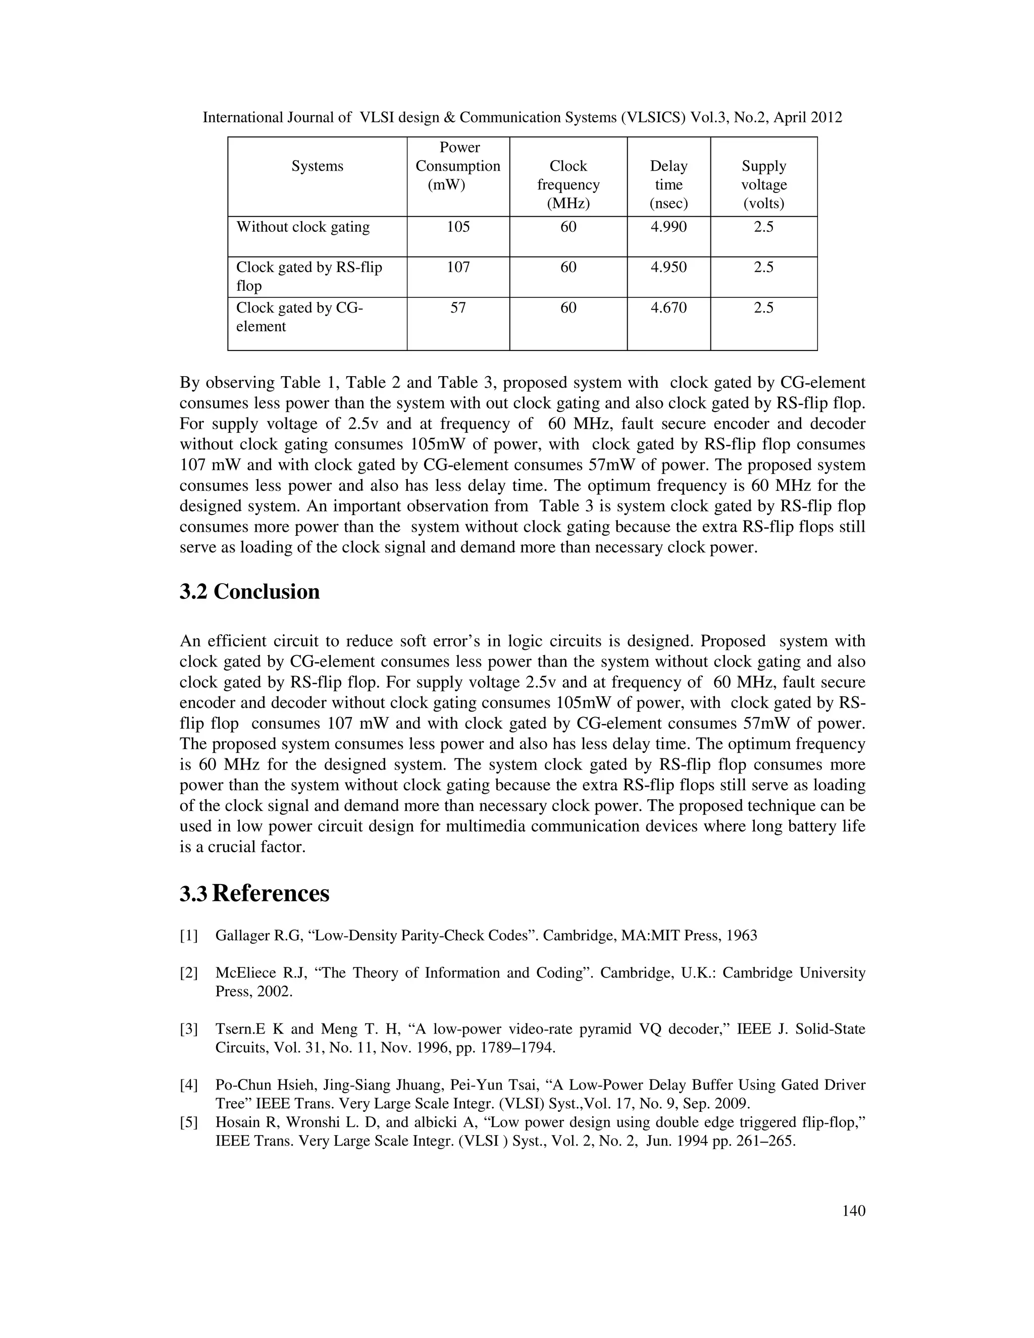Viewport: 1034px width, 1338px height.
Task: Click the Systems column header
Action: [317, 166]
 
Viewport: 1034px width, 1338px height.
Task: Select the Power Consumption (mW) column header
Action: [458, 166]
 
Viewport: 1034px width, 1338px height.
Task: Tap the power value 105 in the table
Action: [458, 227]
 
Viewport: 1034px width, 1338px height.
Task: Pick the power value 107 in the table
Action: [458, 267]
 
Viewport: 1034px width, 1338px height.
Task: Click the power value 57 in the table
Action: [458, 307]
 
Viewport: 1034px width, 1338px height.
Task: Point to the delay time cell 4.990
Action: [668, 227]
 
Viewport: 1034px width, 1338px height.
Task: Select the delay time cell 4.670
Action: [668, 307]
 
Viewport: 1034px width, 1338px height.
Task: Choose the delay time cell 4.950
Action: [668, 267]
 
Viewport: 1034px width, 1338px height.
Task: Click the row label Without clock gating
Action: [303, 227]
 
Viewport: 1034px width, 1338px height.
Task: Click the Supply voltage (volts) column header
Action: [763, 184]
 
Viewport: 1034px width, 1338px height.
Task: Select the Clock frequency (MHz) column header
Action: [568, 184]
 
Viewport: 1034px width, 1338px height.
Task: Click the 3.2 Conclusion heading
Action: [249, 592]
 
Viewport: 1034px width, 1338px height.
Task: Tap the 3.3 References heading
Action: [254, 894]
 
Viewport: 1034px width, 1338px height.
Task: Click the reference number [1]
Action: [189, 936]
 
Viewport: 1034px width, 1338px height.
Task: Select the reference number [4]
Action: [189, 1085]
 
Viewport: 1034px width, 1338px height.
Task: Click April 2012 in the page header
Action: [807, 118]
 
